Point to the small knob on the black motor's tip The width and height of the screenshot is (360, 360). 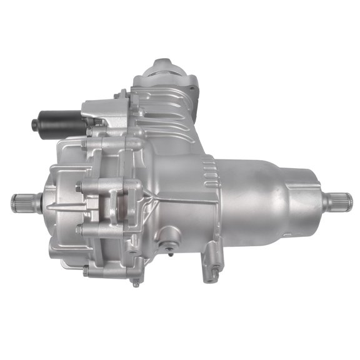(x=34, y=125)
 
